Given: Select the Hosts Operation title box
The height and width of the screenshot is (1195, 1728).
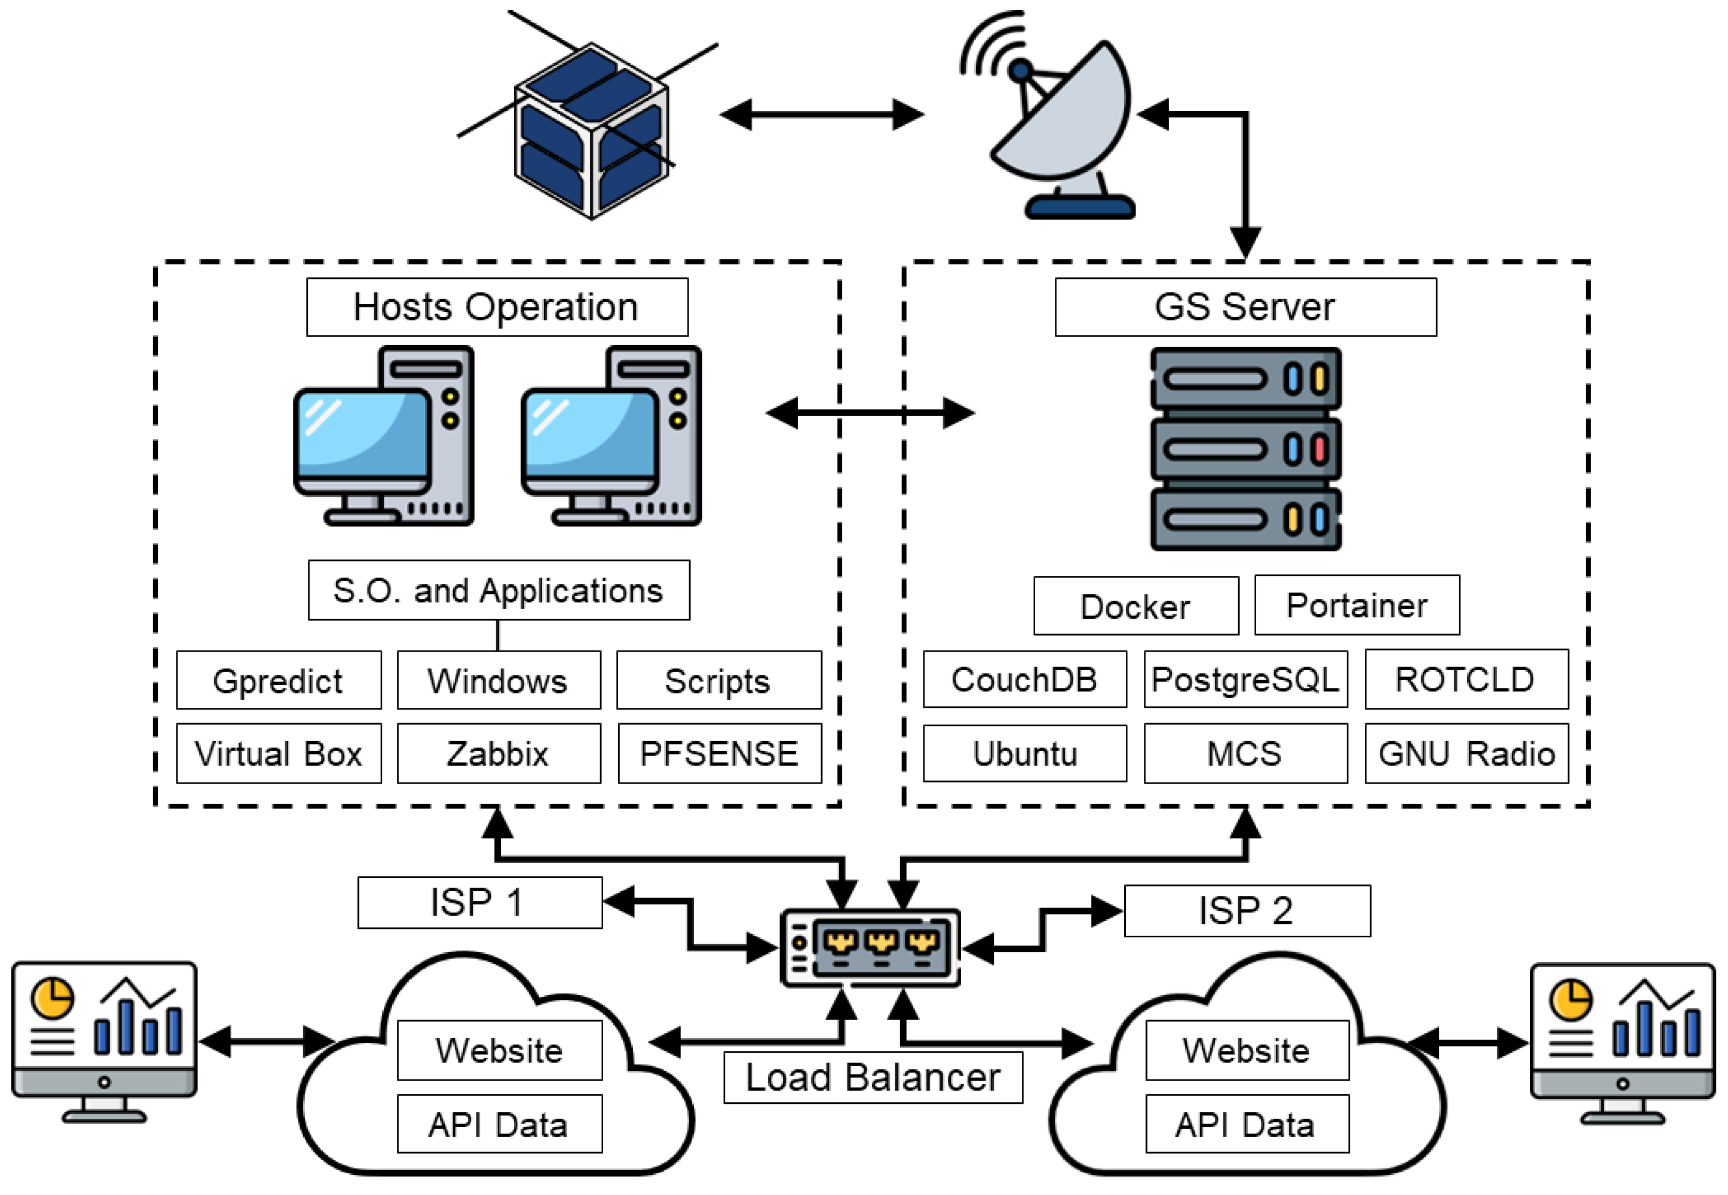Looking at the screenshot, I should click(x=497, y=307).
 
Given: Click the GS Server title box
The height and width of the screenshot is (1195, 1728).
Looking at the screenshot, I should click(x=1245, y=307).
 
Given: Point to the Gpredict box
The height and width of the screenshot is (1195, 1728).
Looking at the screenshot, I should click(x=278, y=680).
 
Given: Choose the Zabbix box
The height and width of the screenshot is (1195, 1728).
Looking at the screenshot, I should click(x=498, y=753).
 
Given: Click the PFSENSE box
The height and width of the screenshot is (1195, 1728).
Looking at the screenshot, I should click(x=719, y=753).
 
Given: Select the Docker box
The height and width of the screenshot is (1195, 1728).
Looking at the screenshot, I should click(x=1135, y=606).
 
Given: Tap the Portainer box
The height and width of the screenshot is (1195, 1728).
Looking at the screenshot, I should click(x=1356, y=605).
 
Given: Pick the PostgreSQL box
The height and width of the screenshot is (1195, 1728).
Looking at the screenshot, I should click(x=1245, y=679).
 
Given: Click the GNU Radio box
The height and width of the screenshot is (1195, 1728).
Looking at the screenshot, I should click(x=1466, y=753).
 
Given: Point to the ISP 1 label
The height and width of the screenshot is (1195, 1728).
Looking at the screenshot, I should click(x=480, y=902).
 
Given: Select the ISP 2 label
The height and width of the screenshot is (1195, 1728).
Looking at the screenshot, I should click(x=1247, y=910).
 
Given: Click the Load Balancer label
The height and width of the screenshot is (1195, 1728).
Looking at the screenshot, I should click(x=872, y=1077).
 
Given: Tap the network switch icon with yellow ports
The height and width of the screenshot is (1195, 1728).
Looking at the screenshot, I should click(x=870, y=948).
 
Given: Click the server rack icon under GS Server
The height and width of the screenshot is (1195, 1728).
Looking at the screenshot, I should click(x=1245, y=449).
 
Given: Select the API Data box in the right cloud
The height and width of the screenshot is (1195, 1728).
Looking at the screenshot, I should click(x=1247, y=1124).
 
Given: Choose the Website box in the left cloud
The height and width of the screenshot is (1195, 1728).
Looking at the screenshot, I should click(x=499, y=1050).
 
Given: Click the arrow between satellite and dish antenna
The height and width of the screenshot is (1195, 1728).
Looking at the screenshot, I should click(x=822, y=115).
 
